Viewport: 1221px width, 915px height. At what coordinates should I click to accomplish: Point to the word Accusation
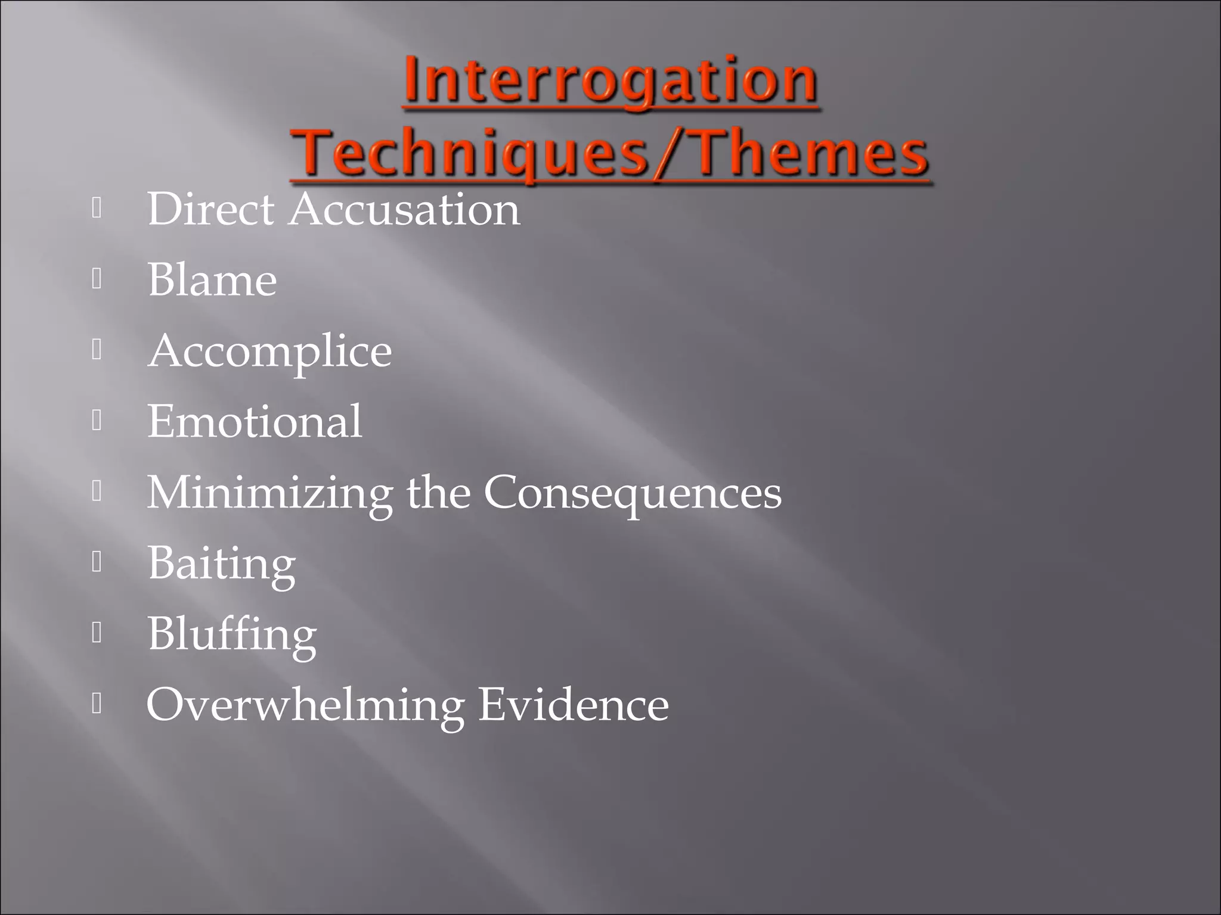click(x=404, y=210)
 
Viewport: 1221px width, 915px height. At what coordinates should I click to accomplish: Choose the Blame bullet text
click(x=212, y=280)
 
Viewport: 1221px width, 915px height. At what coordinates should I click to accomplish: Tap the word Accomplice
click(x=269, y=351)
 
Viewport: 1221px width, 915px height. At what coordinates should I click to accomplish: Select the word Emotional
click(x=255, y=422)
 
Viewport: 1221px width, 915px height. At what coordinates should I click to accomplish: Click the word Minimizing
click(x=269, y=493)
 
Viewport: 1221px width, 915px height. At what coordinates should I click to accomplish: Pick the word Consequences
click(x=632, y=493)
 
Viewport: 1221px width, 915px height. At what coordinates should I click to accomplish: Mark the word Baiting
click(x=221, y=564)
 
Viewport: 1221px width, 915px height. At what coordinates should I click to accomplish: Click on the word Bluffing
click(x=232, y=634)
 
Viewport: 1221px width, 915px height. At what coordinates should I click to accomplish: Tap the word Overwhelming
click(x=305, y=705)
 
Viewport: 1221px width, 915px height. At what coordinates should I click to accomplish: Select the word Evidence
click(x=574, y=705)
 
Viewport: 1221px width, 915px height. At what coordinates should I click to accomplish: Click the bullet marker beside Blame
click(x=97, y=279)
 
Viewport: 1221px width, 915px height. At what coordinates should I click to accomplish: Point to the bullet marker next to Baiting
click(x=97, y=562)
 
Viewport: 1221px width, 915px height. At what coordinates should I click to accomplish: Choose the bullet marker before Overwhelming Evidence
click(x=97, y=704)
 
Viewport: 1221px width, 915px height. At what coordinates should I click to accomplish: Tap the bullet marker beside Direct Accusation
click(x=97, y=208)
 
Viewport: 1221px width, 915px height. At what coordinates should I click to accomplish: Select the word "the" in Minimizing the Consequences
click(x=438, y=493)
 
